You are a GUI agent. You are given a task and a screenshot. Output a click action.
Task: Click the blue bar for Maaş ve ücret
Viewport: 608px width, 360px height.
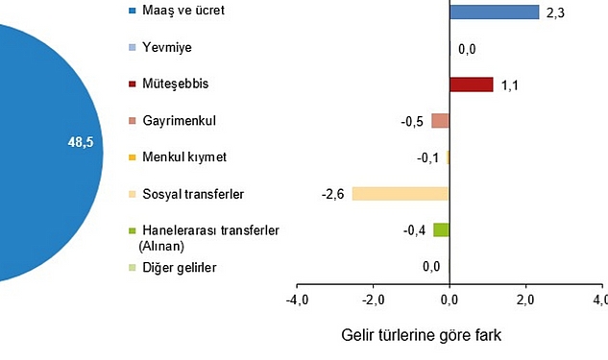(494, 12)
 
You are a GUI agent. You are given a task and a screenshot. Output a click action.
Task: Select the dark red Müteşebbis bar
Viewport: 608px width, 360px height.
(471, 84)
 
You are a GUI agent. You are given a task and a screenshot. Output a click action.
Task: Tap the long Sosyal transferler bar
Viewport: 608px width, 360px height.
(401, 193)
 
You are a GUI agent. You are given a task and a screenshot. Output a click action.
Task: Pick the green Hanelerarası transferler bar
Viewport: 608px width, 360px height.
(441, 229)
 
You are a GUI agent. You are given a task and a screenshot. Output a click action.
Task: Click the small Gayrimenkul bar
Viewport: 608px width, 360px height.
(440, 121)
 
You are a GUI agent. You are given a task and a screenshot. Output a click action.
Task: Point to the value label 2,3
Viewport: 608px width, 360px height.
(555, 13)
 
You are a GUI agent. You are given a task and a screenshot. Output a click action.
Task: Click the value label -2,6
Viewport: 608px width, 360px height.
(333, 194)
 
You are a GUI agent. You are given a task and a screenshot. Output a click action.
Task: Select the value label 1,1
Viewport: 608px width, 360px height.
(510, 86)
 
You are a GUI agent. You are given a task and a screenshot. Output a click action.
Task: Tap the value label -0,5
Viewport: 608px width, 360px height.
(413, 121)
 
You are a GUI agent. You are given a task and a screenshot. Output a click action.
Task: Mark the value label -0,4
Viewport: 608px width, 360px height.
(415, 230)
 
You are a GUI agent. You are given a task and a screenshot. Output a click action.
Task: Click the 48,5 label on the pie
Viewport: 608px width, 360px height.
(80, 142)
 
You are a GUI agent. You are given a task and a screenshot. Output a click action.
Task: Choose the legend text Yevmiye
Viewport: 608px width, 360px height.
(167, 47)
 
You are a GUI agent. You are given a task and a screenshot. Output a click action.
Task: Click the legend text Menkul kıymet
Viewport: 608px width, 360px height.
(184, 156)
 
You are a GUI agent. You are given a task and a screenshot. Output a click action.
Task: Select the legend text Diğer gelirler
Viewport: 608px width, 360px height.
(180, 268)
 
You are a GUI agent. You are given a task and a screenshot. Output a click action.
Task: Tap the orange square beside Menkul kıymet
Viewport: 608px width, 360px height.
(132, 156)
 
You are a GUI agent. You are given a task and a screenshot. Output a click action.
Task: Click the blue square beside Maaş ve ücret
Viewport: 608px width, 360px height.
(132, 12)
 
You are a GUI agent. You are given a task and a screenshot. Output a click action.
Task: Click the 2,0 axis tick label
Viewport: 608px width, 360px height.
(525, 301)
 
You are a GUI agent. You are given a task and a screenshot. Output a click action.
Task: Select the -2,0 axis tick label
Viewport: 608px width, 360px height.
(373, 301)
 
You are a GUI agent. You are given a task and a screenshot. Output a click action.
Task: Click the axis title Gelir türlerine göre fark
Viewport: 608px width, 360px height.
(421, 336)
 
